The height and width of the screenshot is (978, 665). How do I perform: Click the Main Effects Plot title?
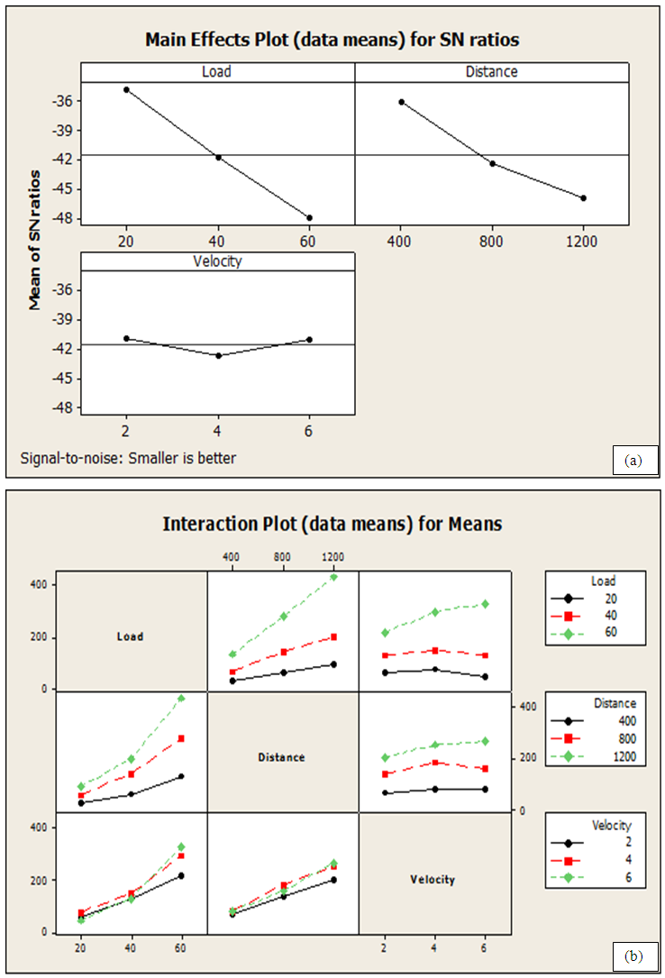(332, 40)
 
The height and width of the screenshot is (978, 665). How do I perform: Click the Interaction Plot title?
(332, 523)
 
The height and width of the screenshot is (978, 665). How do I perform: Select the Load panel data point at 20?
(126, 89)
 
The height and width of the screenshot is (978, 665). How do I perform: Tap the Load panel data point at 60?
(309, 217)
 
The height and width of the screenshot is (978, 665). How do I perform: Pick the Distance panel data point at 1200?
(583, 197)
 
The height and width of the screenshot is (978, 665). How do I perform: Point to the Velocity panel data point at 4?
(218, 355)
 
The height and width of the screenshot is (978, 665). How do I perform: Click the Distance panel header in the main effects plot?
(491, 71)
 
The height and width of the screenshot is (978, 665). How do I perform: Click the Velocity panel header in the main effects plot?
(217, 260)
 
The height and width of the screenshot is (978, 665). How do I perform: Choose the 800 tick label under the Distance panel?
(492, 242)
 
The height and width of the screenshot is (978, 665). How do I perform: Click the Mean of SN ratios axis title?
(36, 239)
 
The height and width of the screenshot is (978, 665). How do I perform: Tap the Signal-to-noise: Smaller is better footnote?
(128, 458)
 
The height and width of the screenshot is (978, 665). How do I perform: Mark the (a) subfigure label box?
(633, 461)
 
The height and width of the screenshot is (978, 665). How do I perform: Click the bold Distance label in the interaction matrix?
(282, 757)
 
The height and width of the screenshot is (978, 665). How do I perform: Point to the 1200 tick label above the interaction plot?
(332, 556)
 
